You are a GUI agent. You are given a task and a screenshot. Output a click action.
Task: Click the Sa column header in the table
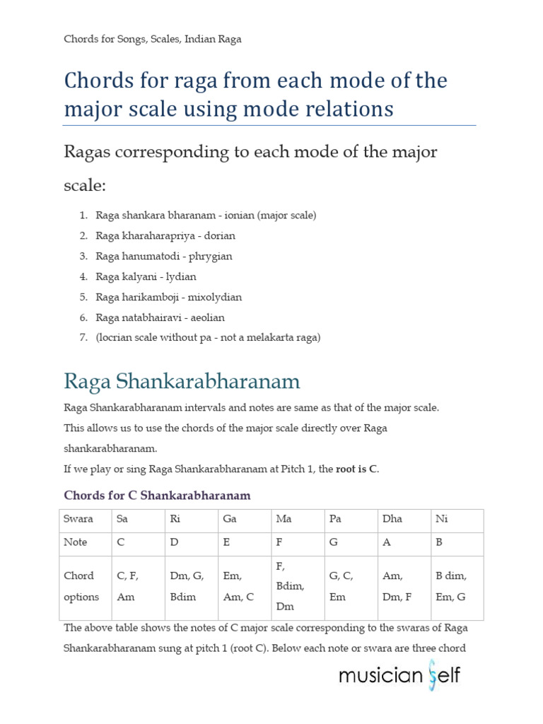click(x=139, y=519)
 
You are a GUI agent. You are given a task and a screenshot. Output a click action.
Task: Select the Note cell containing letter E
click(x=245, y=542)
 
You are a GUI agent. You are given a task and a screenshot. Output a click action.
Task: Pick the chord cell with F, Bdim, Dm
click(x=298, y=586)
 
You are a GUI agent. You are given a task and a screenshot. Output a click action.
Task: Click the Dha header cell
click(x=404, y=519)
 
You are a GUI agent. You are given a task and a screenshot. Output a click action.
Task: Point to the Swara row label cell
click(x=86, y=519)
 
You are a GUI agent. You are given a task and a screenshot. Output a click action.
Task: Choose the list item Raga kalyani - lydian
click(x=146, y=276)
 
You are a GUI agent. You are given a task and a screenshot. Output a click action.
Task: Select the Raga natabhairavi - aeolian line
click(x=160, y=317)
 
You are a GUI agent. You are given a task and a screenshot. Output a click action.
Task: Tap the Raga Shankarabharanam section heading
click(x=182, y=382)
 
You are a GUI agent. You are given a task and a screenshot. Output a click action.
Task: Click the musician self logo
click(x=399, y=675)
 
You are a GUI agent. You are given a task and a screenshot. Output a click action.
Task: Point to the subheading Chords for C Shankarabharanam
click(x=157, y=495)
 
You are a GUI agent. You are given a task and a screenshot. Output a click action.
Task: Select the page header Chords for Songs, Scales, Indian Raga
click(x=153, y=39)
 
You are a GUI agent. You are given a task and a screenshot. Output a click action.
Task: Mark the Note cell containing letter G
click(x=351, y=542)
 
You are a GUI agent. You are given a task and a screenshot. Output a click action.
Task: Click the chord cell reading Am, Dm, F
click(x=404, y=586)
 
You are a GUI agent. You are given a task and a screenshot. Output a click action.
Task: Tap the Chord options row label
click(x=86, y=586)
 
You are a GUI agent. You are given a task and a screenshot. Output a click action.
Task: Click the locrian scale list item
click(x=208, y=338)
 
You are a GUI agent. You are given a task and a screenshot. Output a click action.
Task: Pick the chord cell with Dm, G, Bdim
click(x=192, y=586)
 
